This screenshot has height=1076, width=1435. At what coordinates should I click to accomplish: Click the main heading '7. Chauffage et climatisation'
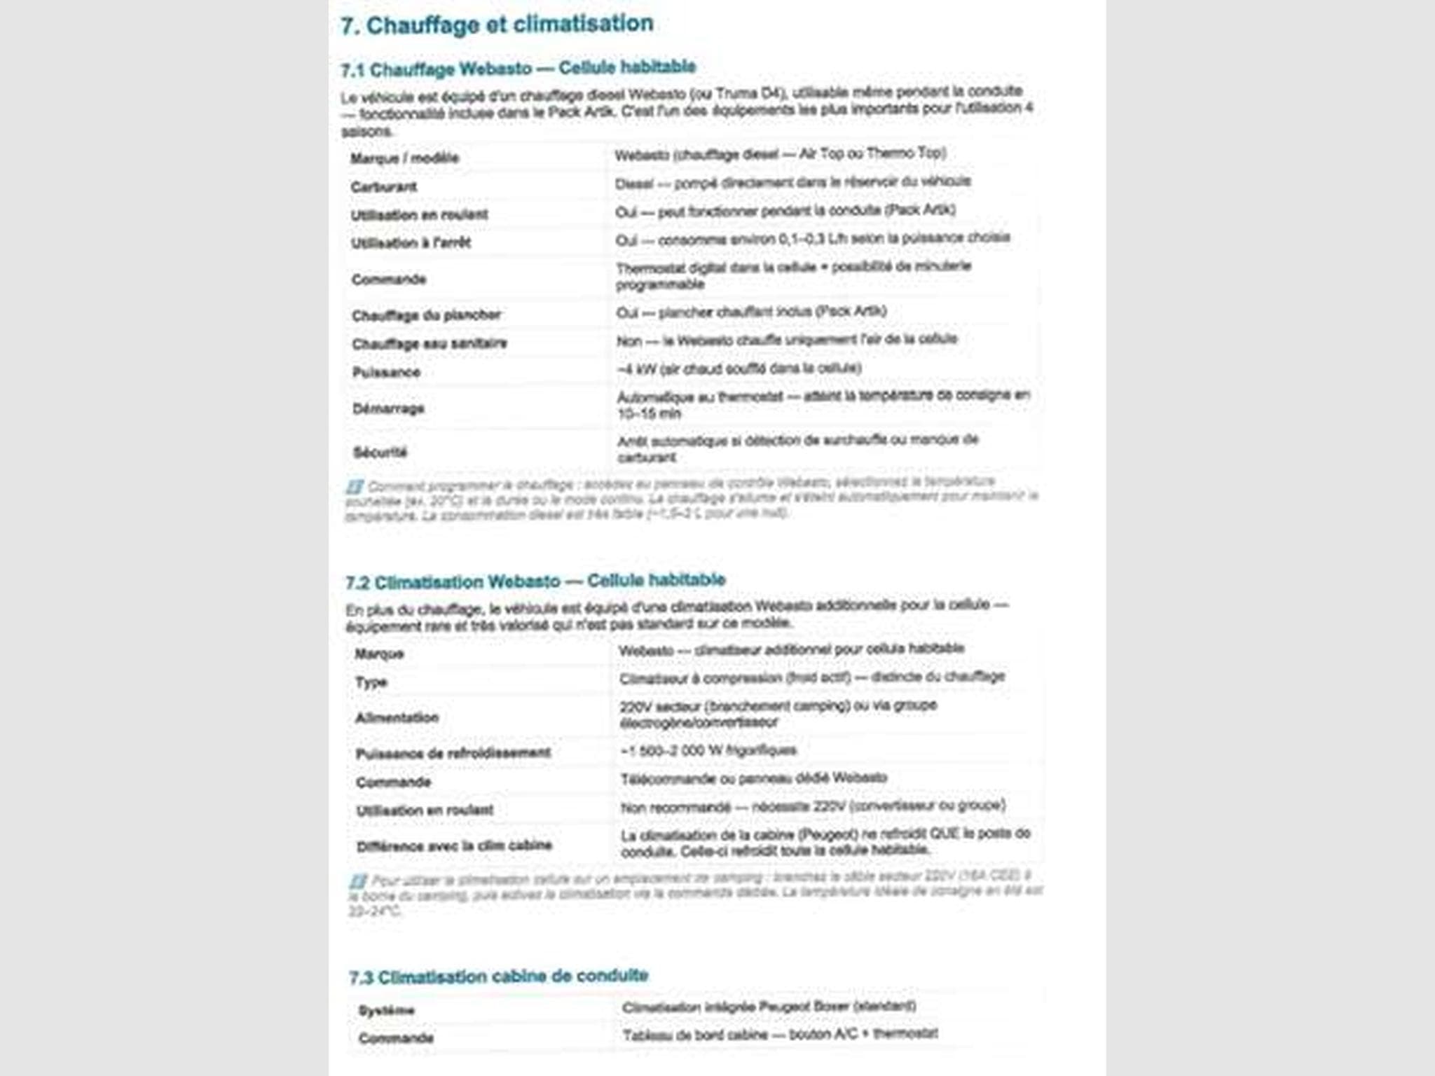(497, 25)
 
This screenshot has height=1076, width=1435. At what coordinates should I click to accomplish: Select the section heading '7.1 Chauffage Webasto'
(518, 69)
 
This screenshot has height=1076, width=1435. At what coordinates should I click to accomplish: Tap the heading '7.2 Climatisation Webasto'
(535, 581)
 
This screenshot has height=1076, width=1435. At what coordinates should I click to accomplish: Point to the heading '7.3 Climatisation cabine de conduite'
(498, 976)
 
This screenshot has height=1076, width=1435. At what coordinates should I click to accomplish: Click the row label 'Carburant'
(384, 187)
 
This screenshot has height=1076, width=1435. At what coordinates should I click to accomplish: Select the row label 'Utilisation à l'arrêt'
(411, 243)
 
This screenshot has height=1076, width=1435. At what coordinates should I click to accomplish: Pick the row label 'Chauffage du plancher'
(426, 315)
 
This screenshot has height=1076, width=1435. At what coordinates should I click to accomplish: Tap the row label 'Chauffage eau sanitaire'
(430, 344)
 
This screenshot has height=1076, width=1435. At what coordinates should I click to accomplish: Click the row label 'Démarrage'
(388, 408)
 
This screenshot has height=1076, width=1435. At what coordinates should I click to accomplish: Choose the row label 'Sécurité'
(380, 453)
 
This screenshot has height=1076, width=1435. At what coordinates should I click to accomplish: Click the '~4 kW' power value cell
(739, 368)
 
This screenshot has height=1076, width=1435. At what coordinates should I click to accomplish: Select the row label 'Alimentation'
(397, 717)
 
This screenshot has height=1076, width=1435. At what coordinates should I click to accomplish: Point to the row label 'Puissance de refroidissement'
(453, 753)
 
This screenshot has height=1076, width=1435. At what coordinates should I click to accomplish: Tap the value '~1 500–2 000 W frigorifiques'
(708, 750)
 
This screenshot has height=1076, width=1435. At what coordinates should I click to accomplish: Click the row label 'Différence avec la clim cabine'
(454, 846)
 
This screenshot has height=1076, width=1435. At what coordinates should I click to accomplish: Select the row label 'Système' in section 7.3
(386, 1010)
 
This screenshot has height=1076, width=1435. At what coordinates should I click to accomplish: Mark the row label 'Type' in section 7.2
(371, 682)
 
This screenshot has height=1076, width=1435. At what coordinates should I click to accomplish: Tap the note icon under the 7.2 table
(358, 881)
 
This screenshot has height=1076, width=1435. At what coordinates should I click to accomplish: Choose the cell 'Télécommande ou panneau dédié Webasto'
(754, 778)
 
